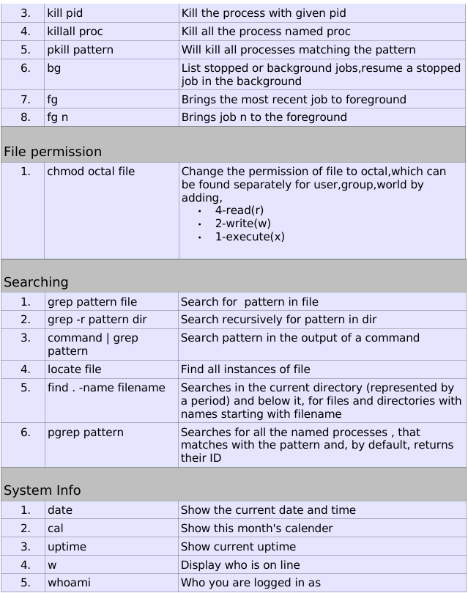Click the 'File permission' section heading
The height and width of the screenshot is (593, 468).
53,152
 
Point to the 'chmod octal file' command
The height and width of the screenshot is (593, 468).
91,172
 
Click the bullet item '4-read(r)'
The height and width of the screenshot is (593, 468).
239,210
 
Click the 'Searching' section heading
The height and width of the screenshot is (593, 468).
36,281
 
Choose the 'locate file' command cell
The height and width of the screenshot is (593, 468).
75,369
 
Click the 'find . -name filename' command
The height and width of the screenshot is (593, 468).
106,387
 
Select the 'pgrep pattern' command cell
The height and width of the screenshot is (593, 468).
86,432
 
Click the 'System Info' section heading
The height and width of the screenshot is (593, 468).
42,490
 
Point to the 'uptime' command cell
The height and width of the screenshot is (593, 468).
67,547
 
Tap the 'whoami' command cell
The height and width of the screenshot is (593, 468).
69,583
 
